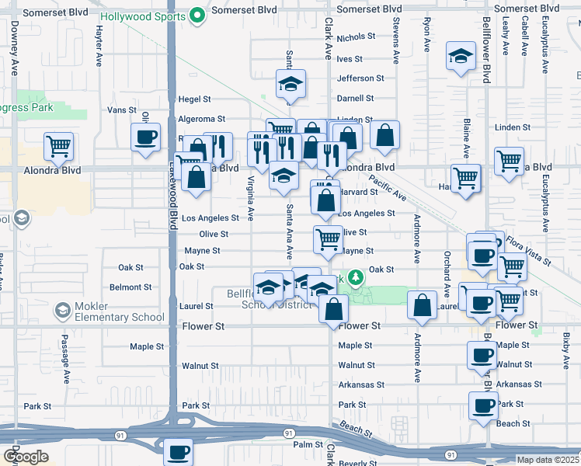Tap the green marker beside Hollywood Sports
198,13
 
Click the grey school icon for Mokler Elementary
62,311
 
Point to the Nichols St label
356,37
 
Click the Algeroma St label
201,119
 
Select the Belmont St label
125,287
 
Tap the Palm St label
307,445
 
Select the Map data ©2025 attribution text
548,460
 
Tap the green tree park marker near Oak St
355,276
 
